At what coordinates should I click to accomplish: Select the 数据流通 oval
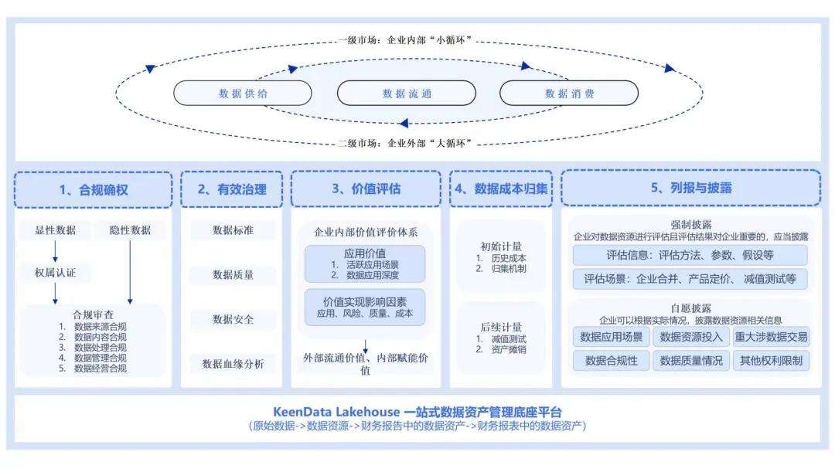click(x=407, y=93)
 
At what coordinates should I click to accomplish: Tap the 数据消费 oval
click(x=569, y=93)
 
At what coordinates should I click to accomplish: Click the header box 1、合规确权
click(x=93, y=189)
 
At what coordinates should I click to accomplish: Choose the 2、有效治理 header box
click(x=232, y=189)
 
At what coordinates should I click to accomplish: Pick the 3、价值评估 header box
click(x=366, y=189)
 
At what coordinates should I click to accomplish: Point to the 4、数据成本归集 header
click(x=501, y=189)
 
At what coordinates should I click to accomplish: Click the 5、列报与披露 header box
click(x=690, y=189)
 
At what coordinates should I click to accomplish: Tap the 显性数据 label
click(x=55, y=229)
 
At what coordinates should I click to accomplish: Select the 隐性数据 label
click(x=130, y=229)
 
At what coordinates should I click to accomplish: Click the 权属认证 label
click(x=55, y=273)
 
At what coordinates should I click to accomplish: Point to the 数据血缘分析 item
click(x=233, y=364)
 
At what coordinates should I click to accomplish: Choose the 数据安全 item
click(x=233, y=319)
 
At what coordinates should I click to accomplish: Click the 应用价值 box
click(x=365, y=263)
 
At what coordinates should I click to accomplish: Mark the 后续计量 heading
click(x=501, y=327)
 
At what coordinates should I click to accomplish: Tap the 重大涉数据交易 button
click(x=771, y=337)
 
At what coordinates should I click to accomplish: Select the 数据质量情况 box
click(x=691, y=360)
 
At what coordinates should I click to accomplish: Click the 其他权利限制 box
click(x=771, y=360)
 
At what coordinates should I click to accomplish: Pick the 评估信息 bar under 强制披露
click(x=690, y=256)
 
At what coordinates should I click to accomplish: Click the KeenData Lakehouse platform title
click(x=417, y=412)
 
